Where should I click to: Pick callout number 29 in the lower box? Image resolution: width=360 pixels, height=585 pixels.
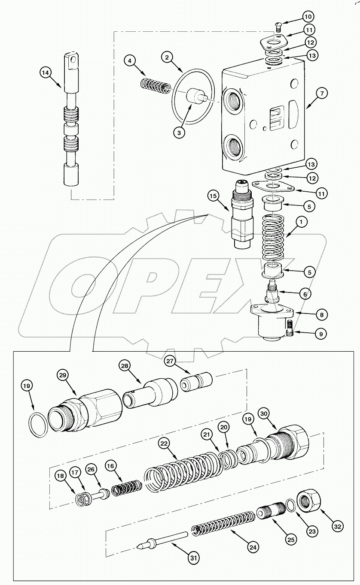(64, 375)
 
